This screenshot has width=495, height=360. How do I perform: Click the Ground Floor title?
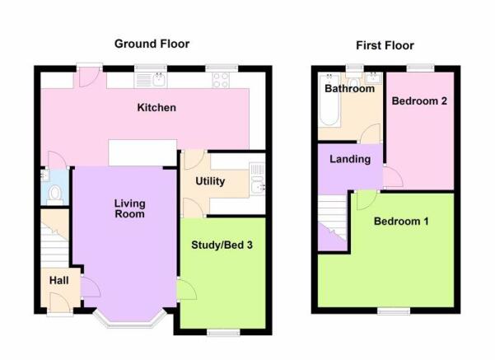pyautogui.click(x=152, y=44)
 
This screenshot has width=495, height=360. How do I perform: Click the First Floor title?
pyautogui.click(x=385, y=45)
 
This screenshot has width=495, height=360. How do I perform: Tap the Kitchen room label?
pyautogui.click(x=156, y=107)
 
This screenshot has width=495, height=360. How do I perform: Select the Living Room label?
pyautogui.click(x=130, y=208)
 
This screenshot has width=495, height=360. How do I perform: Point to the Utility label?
pyautogui.click(x=210, y=181)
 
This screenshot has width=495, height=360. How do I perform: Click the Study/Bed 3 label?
pyautogui.click(x=222, y=245)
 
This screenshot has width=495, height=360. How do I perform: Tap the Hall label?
pyautogui.click(x=59, y=280)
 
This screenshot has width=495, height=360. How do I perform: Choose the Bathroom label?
pyautogui.click(x=350, y=88)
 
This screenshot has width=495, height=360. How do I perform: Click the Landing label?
pyautogui.click(x=350, y=159)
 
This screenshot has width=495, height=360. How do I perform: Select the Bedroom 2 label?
pyautogui.click(x=419, y=101)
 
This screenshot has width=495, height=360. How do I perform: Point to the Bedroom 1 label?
pyautogui.click(x=401, y=221)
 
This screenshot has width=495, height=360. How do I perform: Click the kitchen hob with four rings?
pyautogui.click(x=221, y=80)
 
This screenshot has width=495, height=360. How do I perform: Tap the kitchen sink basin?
pyautogui.click(x=158, y=80)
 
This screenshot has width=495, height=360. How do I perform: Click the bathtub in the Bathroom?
pyautogui.click(x=329, y=100)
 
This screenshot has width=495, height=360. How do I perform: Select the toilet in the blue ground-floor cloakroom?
pyautogui.click(x=55, y=195)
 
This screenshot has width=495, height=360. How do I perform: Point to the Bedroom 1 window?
pyautogui.click(x=394, y=311)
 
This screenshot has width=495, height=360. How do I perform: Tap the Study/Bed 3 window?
pyautogui.click(x=223, y=333)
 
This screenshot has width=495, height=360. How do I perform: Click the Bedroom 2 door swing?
pyautogui.click(x=393, y=177)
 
